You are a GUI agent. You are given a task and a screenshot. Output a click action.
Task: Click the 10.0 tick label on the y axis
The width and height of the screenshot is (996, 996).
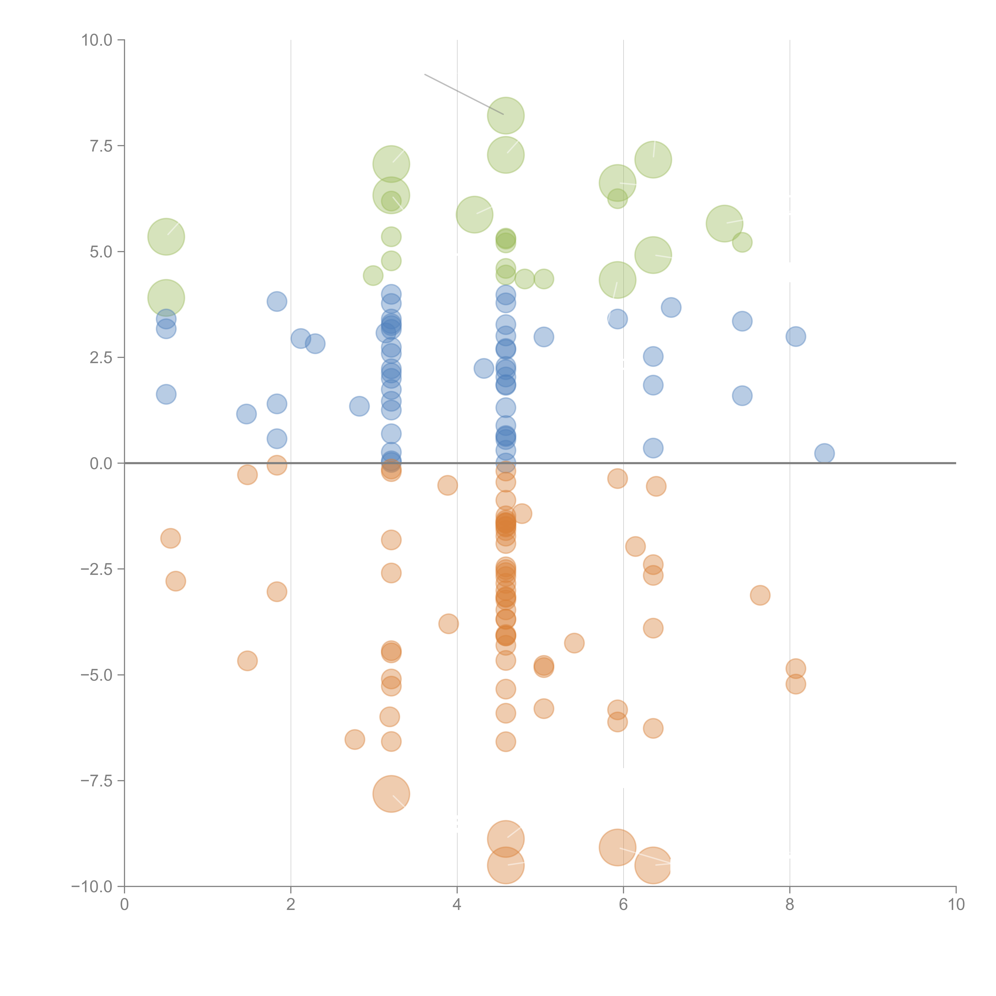pos(97,40)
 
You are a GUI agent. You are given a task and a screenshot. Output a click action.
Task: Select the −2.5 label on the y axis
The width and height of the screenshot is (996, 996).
pos(97,569)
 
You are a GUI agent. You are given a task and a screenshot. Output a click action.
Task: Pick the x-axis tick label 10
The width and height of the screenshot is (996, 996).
pos(956,905)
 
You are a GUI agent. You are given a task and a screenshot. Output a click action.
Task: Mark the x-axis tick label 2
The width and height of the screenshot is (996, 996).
pos(291,905)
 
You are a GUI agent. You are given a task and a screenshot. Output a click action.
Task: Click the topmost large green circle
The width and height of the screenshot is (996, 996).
pos(506,116)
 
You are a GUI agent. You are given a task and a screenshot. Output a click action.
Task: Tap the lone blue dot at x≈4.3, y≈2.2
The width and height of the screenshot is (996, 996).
pos(484,368)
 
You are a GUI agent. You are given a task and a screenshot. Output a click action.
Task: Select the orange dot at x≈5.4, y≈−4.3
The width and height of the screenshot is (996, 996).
pos(574,643)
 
